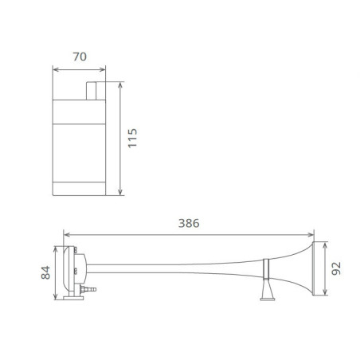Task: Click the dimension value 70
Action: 79,57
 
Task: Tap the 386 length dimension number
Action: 189,223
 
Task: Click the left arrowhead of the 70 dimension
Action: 56,68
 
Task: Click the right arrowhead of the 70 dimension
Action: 103,68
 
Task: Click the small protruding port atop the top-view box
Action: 94,89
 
